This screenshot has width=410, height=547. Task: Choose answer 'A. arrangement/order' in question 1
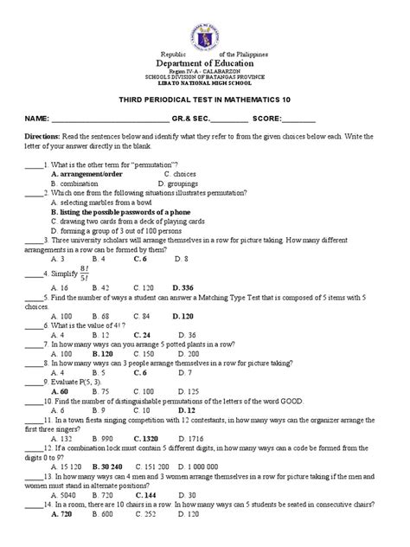click(x=86, y=198)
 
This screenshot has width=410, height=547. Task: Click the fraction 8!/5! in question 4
click(x=88, y=296)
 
